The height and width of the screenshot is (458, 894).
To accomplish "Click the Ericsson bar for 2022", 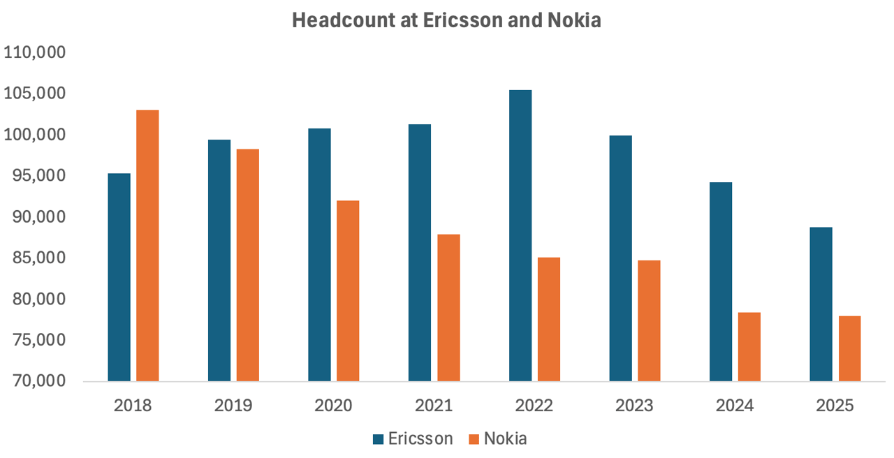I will (520, 235).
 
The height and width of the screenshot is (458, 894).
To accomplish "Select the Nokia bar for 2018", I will (147, 245).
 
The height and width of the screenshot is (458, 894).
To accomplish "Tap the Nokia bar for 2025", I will (849, 348).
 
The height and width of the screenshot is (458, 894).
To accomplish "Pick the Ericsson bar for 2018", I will (119, 276).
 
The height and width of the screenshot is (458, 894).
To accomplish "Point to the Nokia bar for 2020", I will (348, 290).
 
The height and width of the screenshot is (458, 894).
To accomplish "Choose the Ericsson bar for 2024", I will (721, 281).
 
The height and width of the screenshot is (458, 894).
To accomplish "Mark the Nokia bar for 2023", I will (649, 320).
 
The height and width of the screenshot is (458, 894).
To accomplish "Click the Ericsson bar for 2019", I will (219, 260).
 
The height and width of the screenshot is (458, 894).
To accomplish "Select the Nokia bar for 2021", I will (448, 307).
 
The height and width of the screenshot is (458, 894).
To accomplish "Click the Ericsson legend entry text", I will (421, 438).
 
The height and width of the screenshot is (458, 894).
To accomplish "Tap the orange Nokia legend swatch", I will (474, 439).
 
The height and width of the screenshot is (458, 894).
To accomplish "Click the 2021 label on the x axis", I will (434, 406).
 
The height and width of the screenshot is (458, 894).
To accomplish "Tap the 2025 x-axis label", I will (835, 406).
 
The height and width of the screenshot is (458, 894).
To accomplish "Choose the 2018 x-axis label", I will (133, 406).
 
